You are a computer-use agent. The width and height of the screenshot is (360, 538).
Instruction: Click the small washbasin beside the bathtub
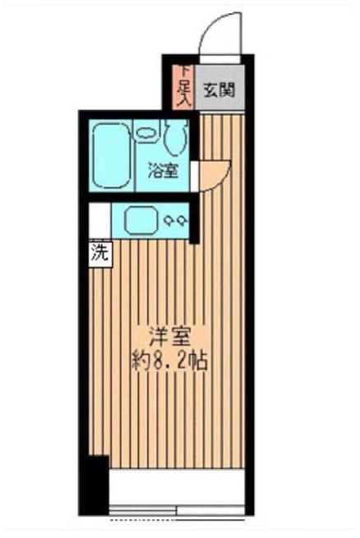(x=146, y=131)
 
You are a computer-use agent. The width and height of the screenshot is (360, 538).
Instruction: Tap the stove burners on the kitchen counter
(x=175, y=220)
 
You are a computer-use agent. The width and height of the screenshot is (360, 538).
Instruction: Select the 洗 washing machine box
(x=99, y=254)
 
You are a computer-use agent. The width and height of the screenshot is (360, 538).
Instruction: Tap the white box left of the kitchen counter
(x=99, y=220)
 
